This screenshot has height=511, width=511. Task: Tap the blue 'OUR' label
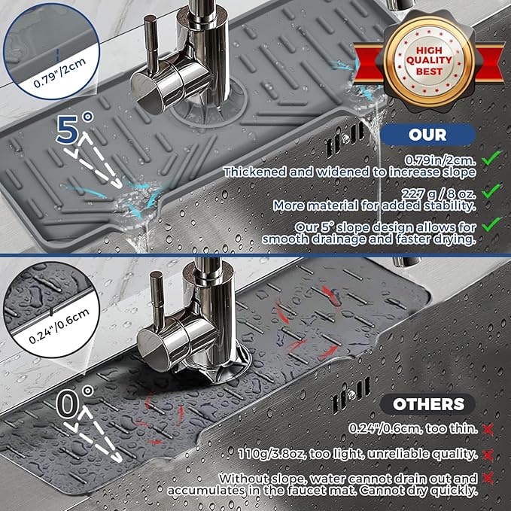coord(427,135)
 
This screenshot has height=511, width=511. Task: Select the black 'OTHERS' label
coord(427,404)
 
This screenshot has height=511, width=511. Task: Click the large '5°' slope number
coord(75,129)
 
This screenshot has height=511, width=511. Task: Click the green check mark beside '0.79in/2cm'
coord(491,159)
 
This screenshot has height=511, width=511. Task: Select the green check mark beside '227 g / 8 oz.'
coord(491,192)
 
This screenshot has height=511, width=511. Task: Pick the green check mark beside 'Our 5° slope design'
coord(491,224)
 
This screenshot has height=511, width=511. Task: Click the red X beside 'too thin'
coord(488,428)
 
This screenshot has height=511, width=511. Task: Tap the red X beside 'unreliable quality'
coord(488,454)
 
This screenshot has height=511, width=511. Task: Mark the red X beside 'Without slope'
coord(488,479)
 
